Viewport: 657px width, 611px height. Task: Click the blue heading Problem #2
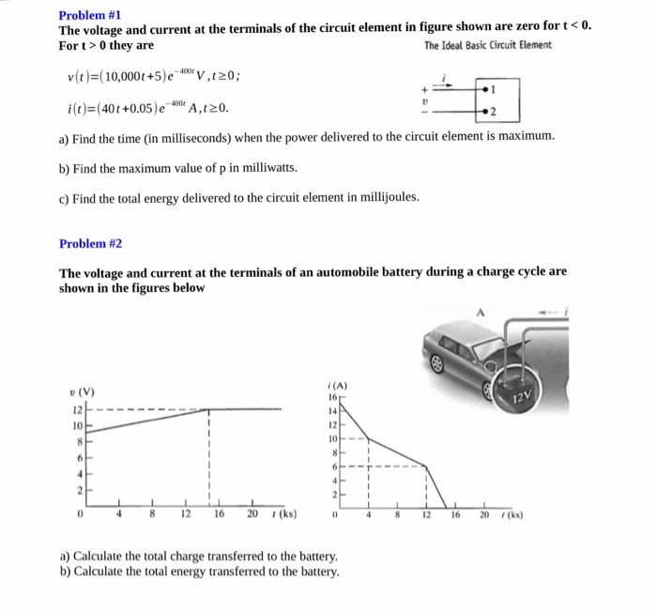point(90,243)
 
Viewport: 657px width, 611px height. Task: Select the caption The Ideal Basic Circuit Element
point(488,46)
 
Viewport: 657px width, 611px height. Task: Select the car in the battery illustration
point(469,352)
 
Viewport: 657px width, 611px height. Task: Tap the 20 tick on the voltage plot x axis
point(251,514)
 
